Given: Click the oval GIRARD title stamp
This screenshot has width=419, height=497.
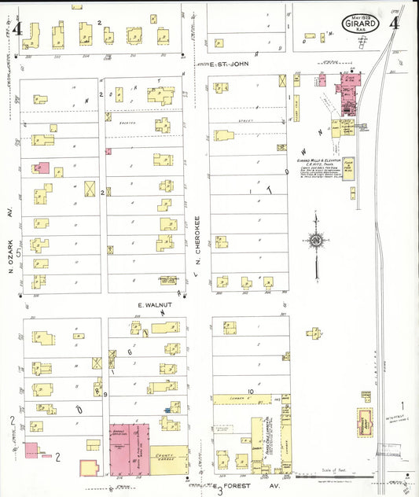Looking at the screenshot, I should coord(360,24).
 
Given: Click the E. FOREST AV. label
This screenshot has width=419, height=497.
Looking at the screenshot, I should coord(239,485).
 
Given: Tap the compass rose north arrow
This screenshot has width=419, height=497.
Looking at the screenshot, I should coord(316,240).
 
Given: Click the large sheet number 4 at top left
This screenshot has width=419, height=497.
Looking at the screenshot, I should coord(17,30).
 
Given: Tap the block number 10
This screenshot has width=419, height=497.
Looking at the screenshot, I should coord(251,390).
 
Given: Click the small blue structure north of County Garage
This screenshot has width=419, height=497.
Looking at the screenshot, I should coord(167,409).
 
